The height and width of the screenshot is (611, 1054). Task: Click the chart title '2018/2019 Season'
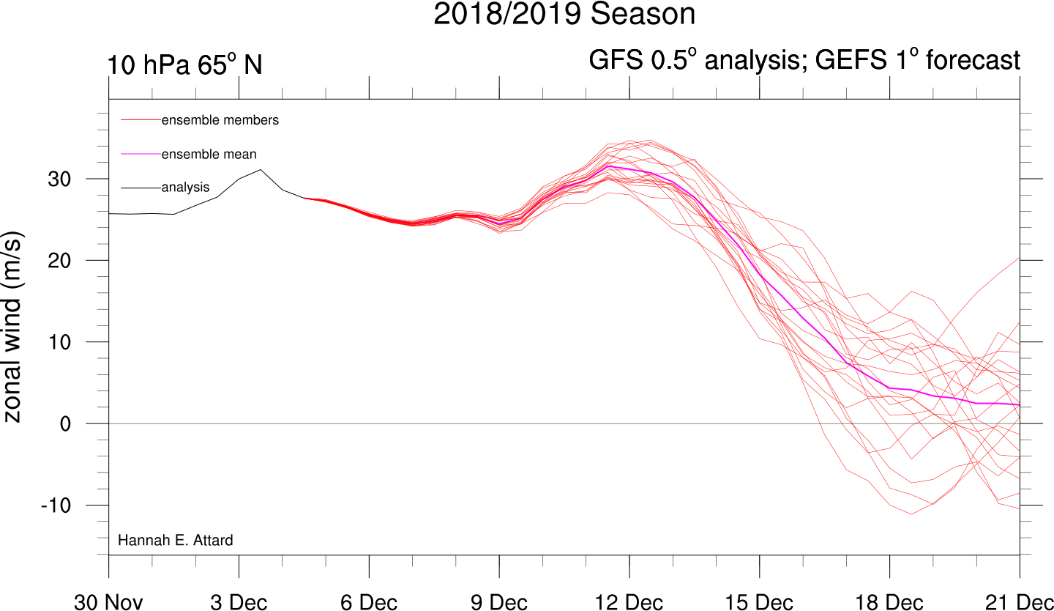point(564,14)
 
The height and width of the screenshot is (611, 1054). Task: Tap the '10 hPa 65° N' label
point(184,64)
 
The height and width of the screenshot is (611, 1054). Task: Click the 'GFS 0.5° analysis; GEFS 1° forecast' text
point(804,60)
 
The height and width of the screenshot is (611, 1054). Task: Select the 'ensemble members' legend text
point(220,120)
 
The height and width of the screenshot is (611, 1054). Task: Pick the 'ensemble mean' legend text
point(209,154)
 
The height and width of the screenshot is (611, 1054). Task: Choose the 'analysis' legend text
point(185,188)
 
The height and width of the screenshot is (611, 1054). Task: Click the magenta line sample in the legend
point(141,154)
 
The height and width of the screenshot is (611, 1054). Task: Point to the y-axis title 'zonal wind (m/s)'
point(12,327)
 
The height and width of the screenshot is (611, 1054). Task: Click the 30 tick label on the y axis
point(59,179)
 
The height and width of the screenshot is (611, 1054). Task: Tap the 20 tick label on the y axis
point(59,261)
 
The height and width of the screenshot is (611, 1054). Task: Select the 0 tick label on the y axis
point(65,424)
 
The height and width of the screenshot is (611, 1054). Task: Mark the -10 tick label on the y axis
point(56,506)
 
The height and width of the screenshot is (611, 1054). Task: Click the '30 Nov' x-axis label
point(108,602)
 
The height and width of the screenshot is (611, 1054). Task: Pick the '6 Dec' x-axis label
point(369,602)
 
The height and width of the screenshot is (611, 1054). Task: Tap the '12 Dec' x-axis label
point(629,602)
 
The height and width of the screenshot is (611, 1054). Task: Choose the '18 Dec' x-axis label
point(889,602)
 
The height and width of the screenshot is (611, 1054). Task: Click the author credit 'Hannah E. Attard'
point(176,540)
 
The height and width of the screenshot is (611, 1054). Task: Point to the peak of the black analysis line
point(261,169)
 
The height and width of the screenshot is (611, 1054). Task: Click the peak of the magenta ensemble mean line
point(608,166)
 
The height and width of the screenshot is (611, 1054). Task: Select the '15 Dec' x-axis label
point(760,602)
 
